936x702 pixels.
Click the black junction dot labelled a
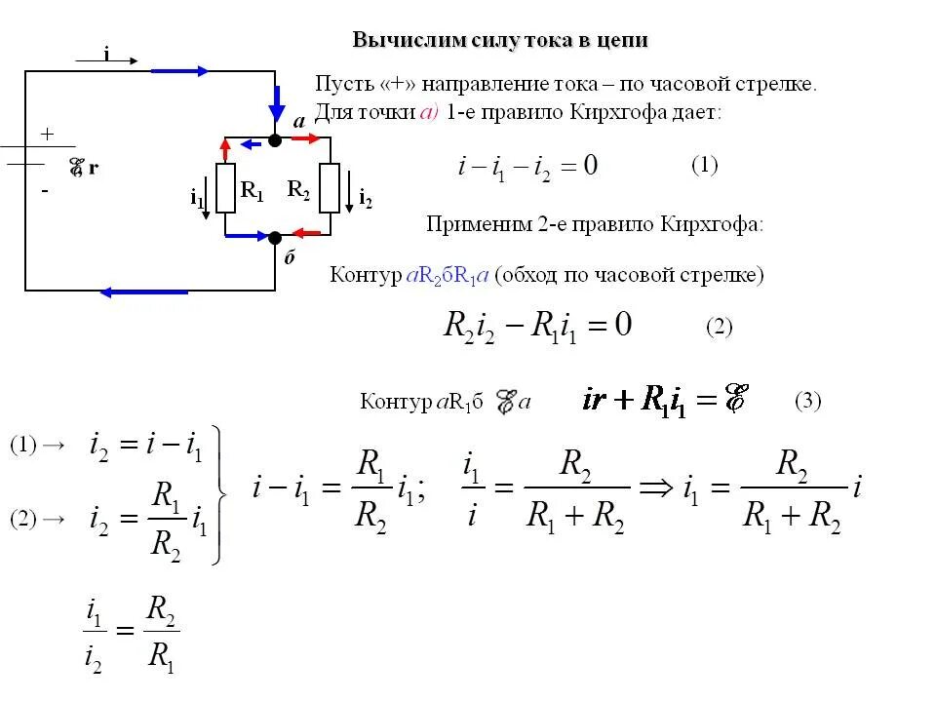click(275, 140)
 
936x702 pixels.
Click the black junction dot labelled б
click(275, 237)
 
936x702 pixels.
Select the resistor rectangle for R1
click(226, 188)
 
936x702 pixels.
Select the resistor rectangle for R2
click(329, 188)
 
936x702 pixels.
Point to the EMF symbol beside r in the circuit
click(75, 168)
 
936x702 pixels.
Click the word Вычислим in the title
click(394, 41)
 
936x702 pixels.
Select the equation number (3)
click(808, 400)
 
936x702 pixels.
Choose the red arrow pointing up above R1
click(226, 149)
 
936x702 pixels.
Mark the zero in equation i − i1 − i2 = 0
click(590, 166)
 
